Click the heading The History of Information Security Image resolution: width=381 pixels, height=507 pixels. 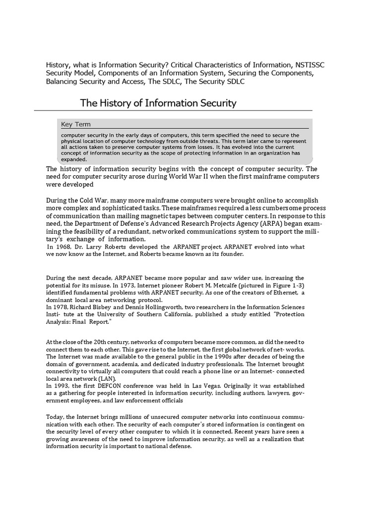pyautogui.click(x=158, y=103)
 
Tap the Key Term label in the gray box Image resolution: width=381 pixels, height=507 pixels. pyautogui.click(x=76, y=124)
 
